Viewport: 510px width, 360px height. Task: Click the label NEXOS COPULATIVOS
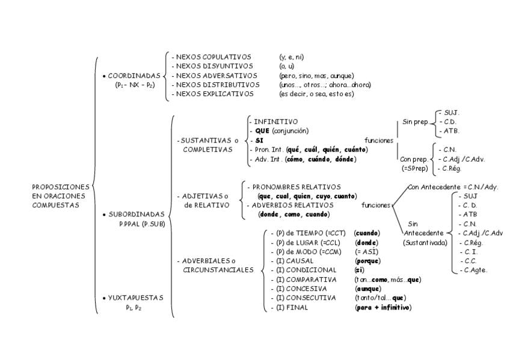click(214, 57)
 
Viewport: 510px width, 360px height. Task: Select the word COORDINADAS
click(134, 76)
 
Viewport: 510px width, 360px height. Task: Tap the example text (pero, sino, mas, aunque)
click(316, 76)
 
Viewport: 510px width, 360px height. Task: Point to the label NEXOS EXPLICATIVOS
click(215, 94)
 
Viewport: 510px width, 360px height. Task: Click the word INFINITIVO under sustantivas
click(275, 122)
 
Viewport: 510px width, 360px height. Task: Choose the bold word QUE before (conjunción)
click(262, 131)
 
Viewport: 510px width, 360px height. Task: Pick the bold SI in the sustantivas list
click(259, 141)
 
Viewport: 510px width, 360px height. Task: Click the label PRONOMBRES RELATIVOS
click(296, 187)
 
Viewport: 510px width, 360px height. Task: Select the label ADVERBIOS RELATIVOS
click(292, 206)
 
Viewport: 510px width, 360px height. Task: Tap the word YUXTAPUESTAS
click(136, 298)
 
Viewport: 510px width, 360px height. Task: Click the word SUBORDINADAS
click(137, 215)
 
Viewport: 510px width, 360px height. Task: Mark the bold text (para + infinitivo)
click(383, 307)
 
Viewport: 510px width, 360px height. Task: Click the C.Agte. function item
click(475, 270)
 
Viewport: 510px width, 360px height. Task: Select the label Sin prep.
click(416, 122)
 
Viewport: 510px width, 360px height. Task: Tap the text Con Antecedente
click(434, 187)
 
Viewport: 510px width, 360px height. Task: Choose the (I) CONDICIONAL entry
click(306, 270)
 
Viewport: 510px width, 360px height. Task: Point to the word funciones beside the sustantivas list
click(379, 141)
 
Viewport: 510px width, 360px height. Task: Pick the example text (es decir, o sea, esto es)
click(316, 94)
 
